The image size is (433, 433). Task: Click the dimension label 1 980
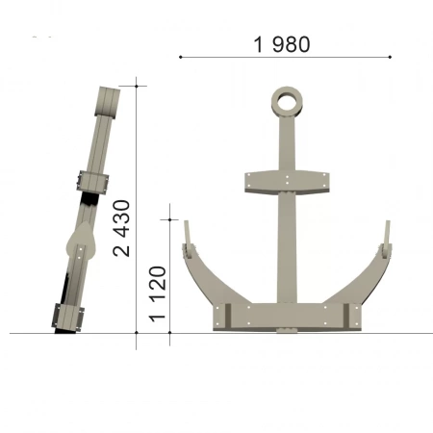point(282,44)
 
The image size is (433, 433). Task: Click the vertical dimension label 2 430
point(122,228)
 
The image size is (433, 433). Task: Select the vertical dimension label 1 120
point(158,293)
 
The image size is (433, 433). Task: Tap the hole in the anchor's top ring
point(287,102)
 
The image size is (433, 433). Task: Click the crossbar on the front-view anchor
point(287,182)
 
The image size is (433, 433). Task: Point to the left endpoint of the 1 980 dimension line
point(181,57)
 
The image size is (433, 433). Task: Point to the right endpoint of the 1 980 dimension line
point(390,57)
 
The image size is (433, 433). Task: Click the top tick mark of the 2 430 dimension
point(137,86)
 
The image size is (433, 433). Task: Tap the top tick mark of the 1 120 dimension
point(169,219)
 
